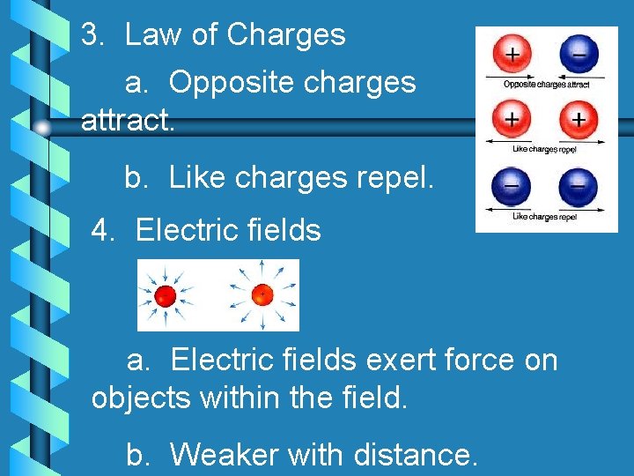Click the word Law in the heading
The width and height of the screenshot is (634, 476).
pos(154,35)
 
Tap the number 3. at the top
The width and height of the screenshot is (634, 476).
pos(93,35)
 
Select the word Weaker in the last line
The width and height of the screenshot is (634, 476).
pos(224,455)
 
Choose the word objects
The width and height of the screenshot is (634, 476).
pos(141,398)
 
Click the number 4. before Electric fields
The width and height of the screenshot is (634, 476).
pos(104,231)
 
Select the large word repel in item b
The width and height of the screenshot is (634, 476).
pos(393,179)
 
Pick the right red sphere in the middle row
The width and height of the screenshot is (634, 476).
pos(577,119)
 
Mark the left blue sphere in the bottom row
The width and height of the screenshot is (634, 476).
pos(512,186)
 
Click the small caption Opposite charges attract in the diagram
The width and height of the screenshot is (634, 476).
pos(546,84)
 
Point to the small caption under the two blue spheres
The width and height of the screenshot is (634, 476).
pos(544,216)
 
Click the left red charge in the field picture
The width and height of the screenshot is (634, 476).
pos(165,296)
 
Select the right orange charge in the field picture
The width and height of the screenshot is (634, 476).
pos(262,294)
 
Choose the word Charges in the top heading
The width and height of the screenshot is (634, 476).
pos(286,35)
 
